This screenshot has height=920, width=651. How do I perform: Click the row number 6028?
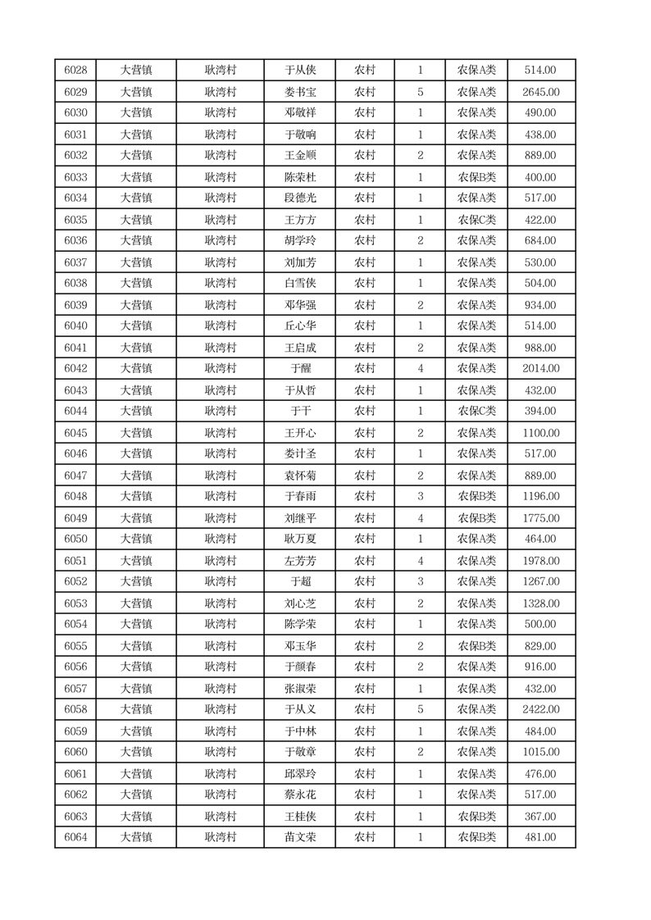coord(75,71)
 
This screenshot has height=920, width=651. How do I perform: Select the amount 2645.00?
coord(540,92)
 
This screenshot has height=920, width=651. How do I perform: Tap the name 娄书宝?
coord(299,92)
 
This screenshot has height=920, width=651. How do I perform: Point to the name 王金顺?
coord(299,156)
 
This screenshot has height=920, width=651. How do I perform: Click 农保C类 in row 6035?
coord(476,220)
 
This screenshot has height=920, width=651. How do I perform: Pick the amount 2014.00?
coord(540,369)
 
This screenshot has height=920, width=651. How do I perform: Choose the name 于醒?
coord(299,369)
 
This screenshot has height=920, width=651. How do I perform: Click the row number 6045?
coord(75,433)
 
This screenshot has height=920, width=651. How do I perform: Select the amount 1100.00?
coord(540,433)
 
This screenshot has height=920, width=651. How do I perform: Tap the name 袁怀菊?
coord(299,476)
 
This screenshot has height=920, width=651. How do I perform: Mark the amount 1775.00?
coord(540,518)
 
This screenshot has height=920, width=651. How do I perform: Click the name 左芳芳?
coord(299,561)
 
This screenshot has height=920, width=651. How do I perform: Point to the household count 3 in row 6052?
coord(420,582)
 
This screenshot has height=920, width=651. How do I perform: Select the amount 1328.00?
coord(540,603)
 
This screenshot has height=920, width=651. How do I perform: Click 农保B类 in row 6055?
coord(476,646)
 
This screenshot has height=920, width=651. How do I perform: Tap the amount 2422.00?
coord(540,709)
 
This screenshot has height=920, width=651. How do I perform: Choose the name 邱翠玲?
coord(299,773)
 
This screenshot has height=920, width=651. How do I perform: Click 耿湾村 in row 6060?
coord(221,752)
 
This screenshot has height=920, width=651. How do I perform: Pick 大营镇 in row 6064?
coord(136,837)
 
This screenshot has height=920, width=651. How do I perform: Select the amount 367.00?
coord(540,816)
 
